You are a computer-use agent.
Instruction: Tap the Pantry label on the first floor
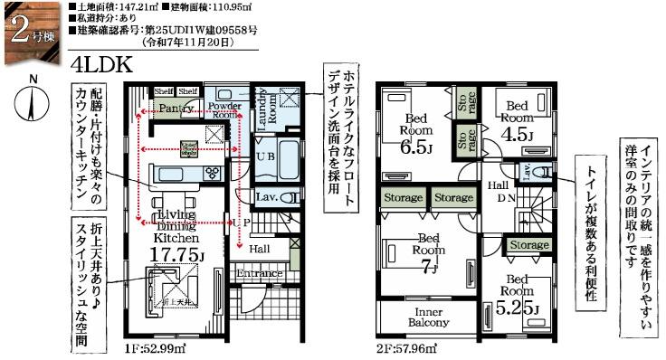pyautogui.click(x=176, y=109)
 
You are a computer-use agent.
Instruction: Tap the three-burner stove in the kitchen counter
pyautogui.click(x=214, y=172)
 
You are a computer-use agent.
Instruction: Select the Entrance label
pyautogui.click(x=261, y=272)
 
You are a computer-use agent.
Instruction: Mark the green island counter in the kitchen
pyautogui.click(x=182, y=173)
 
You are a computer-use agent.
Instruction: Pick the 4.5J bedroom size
pyautogui.click(x=518, y=136)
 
